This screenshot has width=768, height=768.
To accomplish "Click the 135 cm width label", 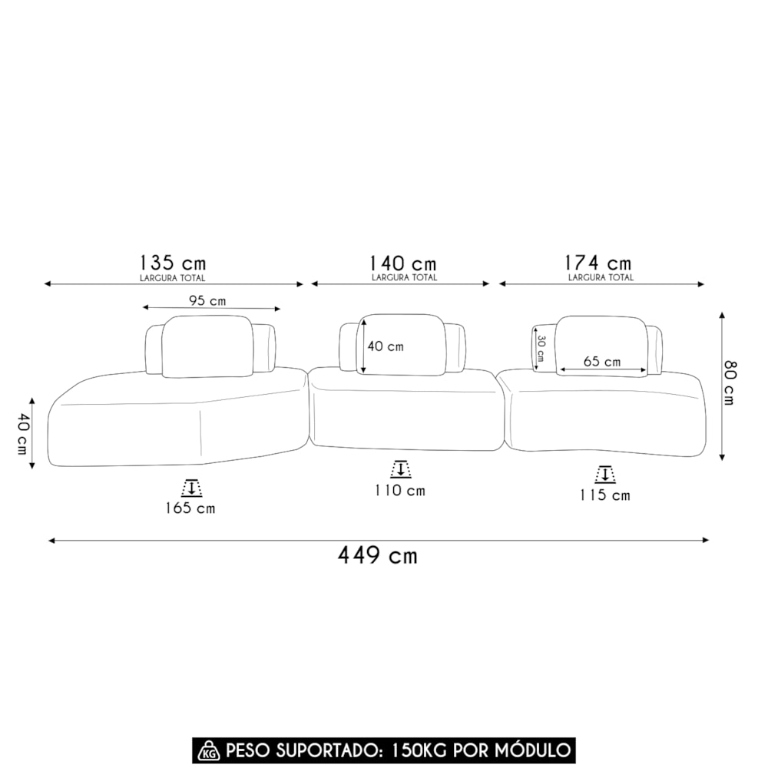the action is coord(173,263).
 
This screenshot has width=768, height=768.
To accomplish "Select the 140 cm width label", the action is coord(402,263).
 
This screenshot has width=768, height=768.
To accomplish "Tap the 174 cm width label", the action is coord(598,263).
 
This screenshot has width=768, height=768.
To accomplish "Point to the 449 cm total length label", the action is coord(378,555).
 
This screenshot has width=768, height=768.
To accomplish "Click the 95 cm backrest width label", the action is coord(207,301).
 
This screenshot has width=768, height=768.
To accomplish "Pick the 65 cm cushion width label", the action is coord(602,362).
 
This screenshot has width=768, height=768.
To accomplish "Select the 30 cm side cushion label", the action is coord(541,348).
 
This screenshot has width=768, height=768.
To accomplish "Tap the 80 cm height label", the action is coord(730,382).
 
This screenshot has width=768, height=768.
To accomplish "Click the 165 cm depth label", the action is coord(190,508).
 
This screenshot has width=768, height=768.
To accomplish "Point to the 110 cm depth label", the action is coord(400,490).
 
